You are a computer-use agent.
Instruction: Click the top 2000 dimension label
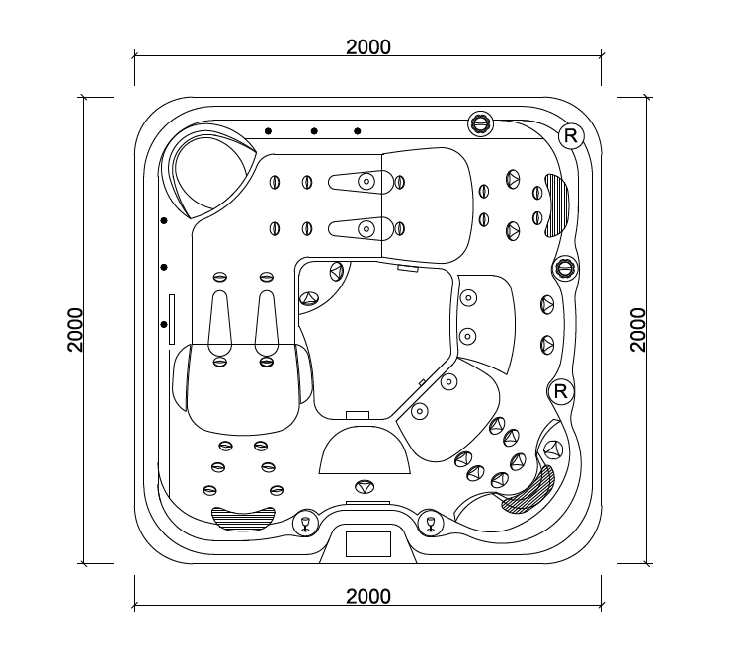pyautogui.click(x=368, y=47)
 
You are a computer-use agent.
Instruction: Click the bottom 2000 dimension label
pyautogui.click(x=368, y=596)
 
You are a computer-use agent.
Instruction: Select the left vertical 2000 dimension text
pyautogui.click(x=75, y=330)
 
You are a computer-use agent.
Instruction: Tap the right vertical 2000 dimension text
pyautogui.click(x=638, y=330)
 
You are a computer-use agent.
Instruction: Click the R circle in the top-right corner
pyautogui.click(x=571, y=136)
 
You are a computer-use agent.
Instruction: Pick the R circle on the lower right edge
pyautogui.click(x=560, y=391)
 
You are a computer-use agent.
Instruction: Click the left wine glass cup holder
pyautogui.click(x=305, y=523)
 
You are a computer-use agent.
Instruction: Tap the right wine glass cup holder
pyautogui.click(x=431, y=523)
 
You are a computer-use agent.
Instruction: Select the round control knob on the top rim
pyautogui.click(x=480, y=123)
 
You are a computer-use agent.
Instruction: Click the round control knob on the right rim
pyautogui.click(x=566, y=269)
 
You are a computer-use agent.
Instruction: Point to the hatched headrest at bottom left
pyautogui.click(x=243, y=519)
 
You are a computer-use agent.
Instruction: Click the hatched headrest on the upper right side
pyautogui.click(x=557, y=205)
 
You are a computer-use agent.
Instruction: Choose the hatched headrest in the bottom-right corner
pyautogui.click(x=529, y=490)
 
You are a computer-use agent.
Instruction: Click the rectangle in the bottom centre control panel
pyautogui.click(x=368, y=544)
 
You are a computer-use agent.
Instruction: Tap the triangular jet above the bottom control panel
pyautogui.click(x=365, y=487)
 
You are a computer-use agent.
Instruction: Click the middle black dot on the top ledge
pyautogui.click(x=314, y=131)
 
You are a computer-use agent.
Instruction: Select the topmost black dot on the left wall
pyautogui.click(x=164, y=220)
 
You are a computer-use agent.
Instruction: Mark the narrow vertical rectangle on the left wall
pyautogui.click(x=172, y=319)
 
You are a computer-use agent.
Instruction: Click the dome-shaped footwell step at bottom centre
pyautogui.click(x=365, y=449)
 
